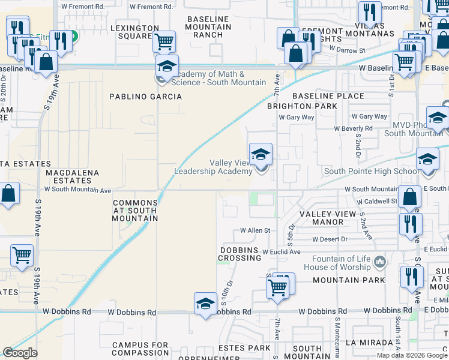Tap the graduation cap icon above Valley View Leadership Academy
pyautogui.click(x=261, y=155)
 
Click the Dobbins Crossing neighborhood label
pyautogui.click(x=238, y=254)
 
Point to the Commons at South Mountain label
pyautogui.click(x=136, y=211)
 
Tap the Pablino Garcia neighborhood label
pyautogui.click(x=145, y=96)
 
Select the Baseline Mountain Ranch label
pyautogui.click(x=209, y=27)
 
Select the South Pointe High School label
pyautogui.click(x=372, y=171)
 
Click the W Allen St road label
pyautogui.click(x=256, y=230)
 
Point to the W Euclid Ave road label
pyautogui.click(x=281, y=252)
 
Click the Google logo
pyautogui.click(x=20, y=353)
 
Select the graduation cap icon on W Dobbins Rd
pyautogui.click(x=205, y=304)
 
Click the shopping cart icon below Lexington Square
pyautogui.click(x=164, y=42)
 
